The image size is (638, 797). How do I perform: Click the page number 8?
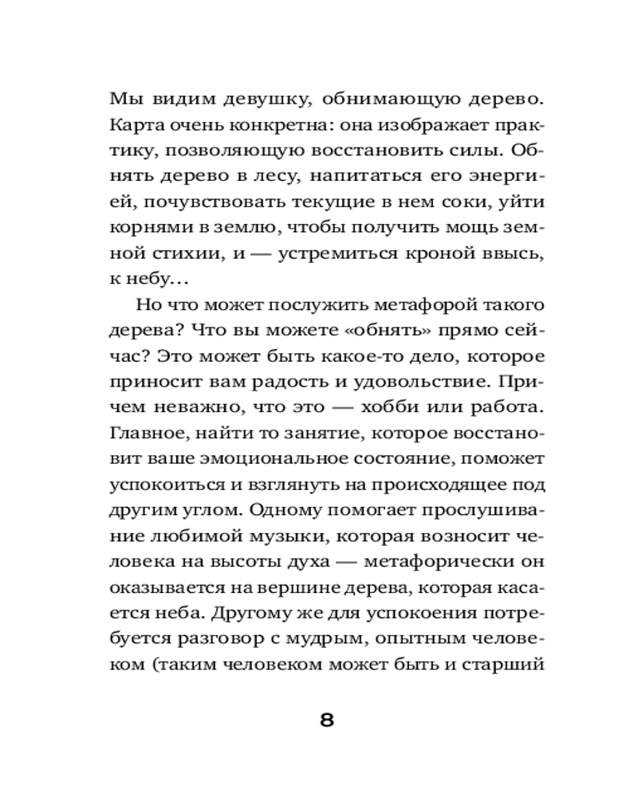pyautogui.click(x=326, y=720)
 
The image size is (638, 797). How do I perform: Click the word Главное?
pyautogui.click(x=144, y=432)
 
